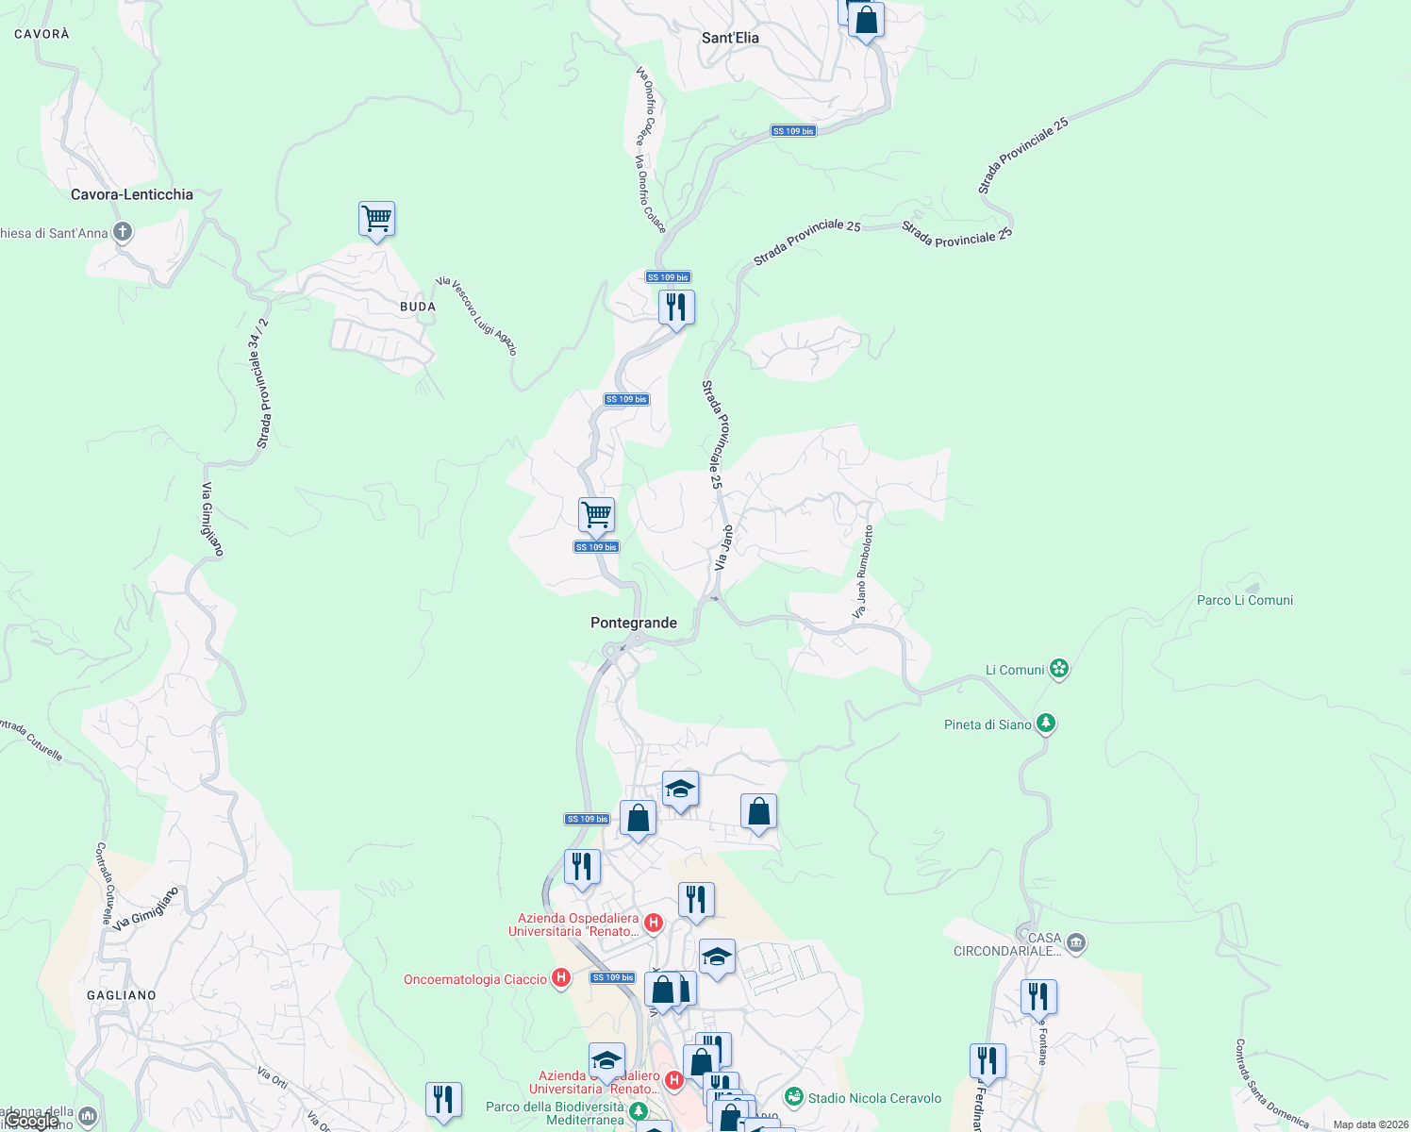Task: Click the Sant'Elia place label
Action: pos(730,38)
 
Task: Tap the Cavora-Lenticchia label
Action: pos(132,194)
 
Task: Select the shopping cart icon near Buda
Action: pos(376,219)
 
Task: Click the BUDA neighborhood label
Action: pos(418,307)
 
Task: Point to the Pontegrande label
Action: pos(634,623)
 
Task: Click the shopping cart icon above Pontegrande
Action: pos(596,515)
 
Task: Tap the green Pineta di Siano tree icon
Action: pos(1046,724)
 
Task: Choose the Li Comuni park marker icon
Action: pos(1059,669)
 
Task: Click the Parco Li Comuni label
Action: pos(1245,600)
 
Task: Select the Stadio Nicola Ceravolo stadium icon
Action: pos(794,1097)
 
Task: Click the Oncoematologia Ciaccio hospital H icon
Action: pos(561,978)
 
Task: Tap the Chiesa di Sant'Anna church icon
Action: pos(122,231)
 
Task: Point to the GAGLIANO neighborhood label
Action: pos(122,995)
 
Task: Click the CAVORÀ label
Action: pos(42,34)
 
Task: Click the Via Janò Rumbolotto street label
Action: pos(863,573)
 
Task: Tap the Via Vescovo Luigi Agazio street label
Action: pos(477,316)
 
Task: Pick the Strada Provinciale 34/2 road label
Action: pos(262,384)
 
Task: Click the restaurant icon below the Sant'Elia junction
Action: pos(676,308)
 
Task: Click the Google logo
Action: pos(32,1121)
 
